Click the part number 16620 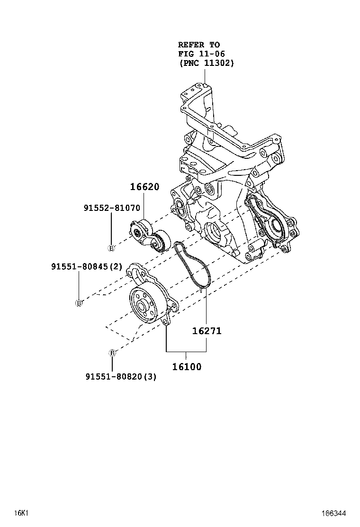pyautogui.click(x=145, y=187)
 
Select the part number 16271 pyautogui.click(x=207, y=331)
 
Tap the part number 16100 pyautogui.click(x=186, y=366)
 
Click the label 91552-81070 pyautogui.click(x=111, y=207)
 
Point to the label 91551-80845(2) pyautogui.click(x=87, y=267)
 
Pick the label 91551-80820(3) pyautogui.click(x=121, y=377)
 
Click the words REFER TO pyautogui.click(x=199, y=45)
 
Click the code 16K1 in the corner pyautogui.click(x=21, y=513)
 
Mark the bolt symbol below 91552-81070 pyautogui.click(x=111, y=247)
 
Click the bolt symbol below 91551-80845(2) pyautogui.click(x=79, y=303)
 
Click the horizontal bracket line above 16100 pyautogui.click(x=186, y=352)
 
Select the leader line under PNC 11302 pyautogui.click(x=205, y=76)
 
